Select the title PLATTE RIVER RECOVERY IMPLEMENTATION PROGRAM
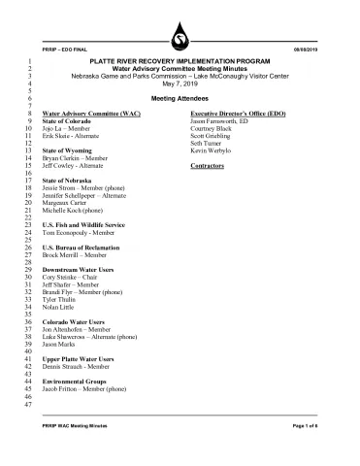[180, 61]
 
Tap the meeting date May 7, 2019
[180, 83]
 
